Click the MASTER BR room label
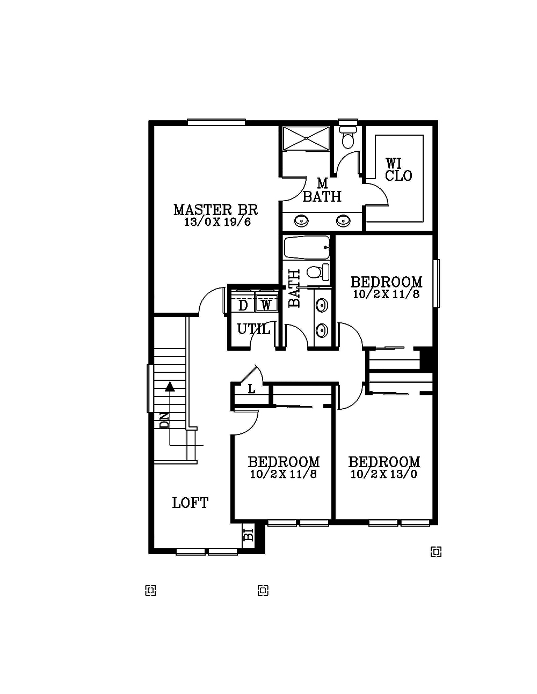click(x=215, y=210)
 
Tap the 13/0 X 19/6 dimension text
click(x=217, y=222)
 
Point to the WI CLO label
click(x=398, y=169)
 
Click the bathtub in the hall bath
click(x=306, y=248)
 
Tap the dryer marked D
click(x=243, y=305)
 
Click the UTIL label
click(x=253, y=329)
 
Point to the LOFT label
click(x=190, y=503)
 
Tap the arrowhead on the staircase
click(x=170, y=386)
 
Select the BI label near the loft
click(x=248, y=535)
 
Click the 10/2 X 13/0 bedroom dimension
click(x=384, y=474)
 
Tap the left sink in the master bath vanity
click(x=302, y=220)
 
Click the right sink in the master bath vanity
click(x=342, y=220)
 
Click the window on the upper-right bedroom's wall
click(x=437, y=283)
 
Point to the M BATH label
click(x=322, y=191)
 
